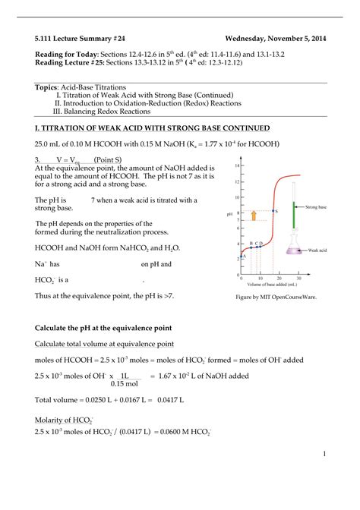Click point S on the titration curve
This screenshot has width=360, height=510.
point(270,211)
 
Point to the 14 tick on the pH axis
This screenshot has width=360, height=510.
point(238,165)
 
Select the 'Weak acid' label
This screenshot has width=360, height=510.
point(317,250)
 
